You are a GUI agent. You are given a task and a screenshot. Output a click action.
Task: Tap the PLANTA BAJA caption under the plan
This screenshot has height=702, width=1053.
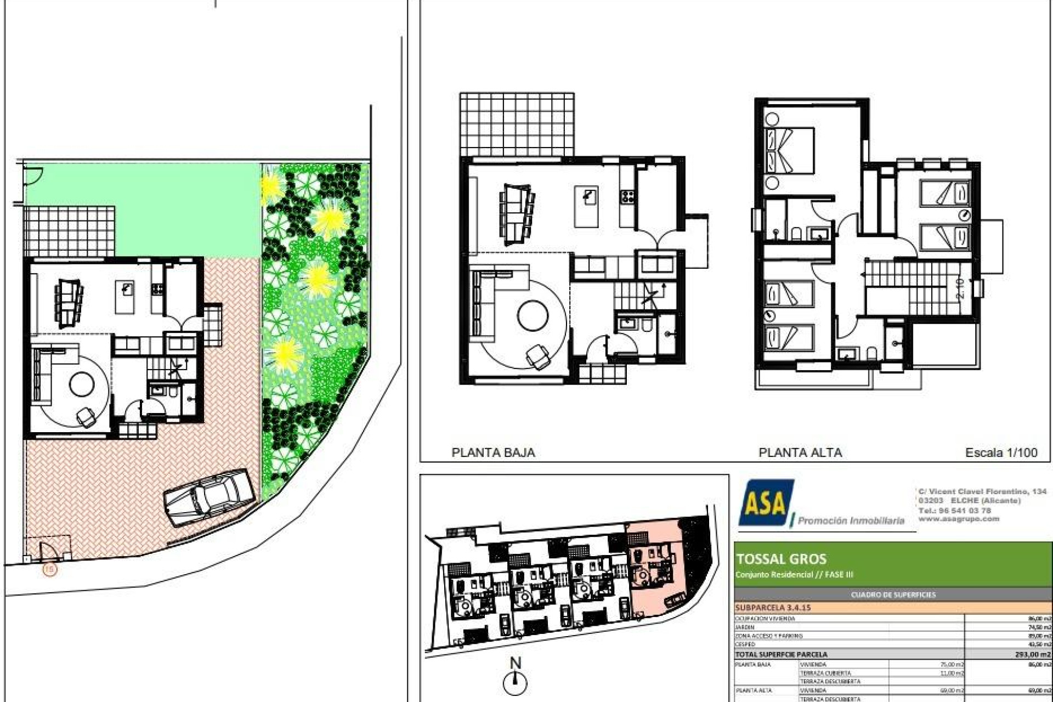[493, 452]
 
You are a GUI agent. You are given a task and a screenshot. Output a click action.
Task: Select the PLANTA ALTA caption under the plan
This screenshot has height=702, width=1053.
[800, 452]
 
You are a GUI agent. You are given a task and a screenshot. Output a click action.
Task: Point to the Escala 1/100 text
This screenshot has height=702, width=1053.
[1001, 452]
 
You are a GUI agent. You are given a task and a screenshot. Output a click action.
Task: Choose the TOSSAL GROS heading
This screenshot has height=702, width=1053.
[781, 559]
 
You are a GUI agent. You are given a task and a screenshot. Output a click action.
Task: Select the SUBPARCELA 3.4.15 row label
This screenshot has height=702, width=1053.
[773, 608]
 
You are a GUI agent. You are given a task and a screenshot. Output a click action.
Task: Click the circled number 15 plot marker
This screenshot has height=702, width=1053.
[49, 570]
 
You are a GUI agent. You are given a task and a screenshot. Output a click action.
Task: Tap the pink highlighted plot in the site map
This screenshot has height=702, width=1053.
[656, 570]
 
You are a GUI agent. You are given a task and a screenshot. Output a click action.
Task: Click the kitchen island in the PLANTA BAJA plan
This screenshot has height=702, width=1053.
[586, 207]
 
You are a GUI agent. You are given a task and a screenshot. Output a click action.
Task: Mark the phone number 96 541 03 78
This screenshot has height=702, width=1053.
[965, 511]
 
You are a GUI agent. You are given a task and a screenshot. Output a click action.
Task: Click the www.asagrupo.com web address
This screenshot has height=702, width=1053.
[959, 519]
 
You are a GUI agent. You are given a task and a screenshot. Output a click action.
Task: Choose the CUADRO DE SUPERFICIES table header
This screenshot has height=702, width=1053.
[893, 595]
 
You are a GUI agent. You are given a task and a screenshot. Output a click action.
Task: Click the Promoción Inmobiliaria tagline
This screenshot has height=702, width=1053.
[851, 520]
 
